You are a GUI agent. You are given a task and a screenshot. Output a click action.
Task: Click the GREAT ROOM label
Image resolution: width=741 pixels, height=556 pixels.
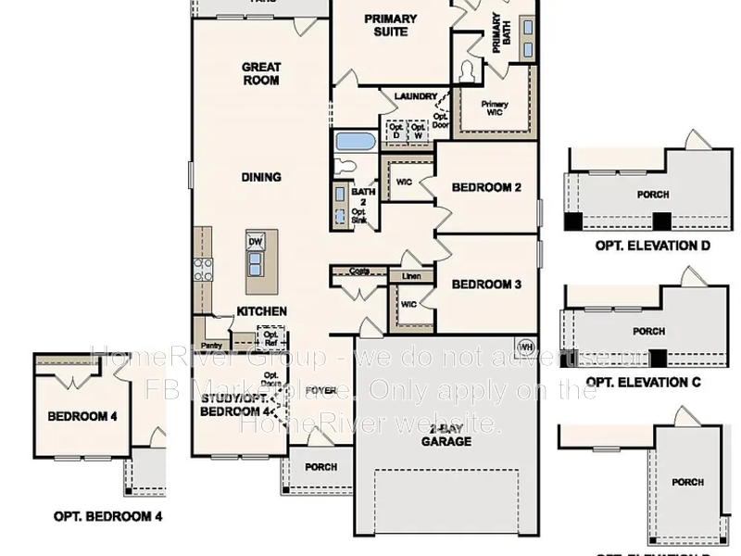point(261,73)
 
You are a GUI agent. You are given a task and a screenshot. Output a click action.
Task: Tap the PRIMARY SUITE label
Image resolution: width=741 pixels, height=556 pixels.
point(390,25)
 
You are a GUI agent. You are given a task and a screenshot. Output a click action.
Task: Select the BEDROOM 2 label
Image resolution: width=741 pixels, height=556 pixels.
point(486,188)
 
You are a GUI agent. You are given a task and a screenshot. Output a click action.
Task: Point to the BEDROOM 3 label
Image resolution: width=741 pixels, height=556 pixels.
point(486,284)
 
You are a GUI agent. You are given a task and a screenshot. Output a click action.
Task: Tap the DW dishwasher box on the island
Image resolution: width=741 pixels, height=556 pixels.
point(256,243)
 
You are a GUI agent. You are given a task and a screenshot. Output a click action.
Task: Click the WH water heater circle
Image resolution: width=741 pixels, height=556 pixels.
point(526,347)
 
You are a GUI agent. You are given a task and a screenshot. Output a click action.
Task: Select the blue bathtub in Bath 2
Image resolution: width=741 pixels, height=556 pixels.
point(354,142)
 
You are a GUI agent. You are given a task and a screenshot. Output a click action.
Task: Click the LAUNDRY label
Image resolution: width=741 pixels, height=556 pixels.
point(415,96)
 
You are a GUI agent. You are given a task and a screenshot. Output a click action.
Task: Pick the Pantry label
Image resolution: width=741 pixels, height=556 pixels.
point(210,320)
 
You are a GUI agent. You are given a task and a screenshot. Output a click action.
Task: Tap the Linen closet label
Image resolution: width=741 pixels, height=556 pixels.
point(409,276)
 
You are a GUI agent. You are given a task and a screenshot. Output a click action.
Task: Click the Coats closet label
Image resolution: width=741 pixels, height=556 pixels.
point(360,272)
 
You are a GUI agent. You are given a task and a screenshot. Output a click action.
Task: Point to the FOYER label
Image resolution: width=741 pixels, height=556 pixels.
point(320,390)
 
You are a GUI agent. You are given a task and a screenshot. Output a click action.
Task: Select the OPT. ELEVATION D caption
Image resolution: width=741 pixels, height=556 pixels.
point(652,246)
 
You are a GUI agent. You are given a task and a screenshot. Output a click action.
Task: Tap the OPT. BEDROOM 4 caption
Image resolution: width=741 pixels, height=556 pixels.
point(107,516)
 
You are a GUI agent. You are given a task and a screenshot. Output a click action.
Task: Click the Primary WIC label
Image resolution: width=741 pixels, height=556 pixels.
point(495,108)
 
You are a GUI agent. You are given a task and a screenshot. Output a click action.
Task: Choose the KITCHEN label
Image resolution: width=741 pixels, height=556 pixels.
point(261,311)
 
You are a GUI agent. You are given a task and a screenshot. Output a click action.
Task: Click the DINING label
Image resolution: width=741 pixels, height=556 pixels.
point(261,177)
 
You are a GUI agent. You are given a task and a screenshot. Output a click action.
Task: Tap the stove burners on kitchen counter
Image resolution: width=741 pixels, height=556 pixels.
point(203,269)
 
